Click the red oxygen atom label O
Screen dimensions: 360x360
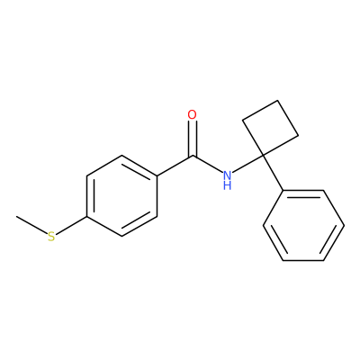point(192,114)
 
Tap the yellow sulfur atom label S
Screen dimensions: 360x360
point(51,237)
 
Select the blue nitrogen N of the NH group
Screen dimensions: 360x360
point(228,175)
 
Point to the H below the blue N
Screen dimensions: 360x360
point(228,185)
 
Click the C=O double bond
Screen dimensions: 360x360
point(193,139)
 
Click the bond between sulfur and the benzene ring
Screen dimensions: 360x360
point(71,225)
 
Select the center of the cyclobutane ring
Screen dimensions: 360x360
point(270,128)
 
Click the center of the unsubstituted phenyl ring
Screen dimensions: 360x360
point(303,225)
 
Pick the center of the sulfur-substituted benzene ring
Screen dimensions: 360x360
point(122,195)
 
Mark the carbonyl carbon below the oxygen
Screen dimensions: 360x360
point(193,156)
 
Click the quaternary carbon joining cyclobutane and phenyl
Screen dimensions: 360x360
point(263,155)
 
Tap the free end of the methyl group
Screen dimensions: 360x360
point(17,216)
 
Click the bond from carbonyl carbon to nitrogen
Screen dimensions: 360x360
point(208,165)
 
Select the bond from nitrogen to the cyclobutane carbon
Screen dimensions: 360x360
point(247,164)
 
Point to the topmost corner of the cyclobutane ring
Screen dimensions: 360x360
point(278,101)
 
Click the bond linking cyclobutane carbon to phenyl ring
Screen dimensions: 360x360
point(274,173)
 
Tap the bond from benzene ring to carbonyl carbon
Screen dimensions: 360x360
point(175,166)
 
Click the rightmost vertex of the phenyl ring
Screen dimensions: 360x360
point(344,225)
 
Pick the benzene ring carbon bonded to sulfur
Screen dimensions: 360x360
point(86,216)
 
